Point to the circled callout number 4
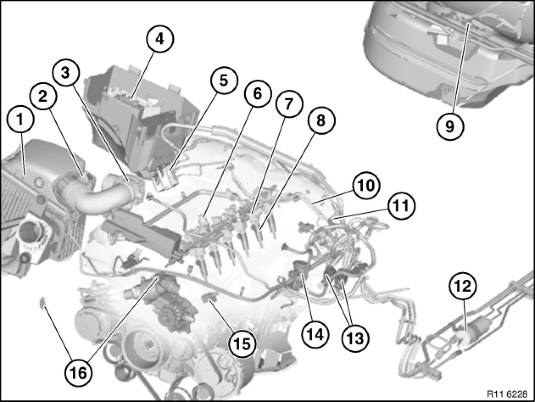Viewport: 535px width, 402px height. coord(160,39)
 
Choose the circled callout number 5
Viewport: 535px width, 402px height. coord(224,81)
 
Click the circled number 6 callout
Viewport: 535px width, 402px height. coord(257,94)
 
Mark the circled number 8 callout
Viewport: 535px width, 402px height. coord(321,121)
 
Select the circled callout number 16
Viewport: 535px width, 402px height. coord(79,373)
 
